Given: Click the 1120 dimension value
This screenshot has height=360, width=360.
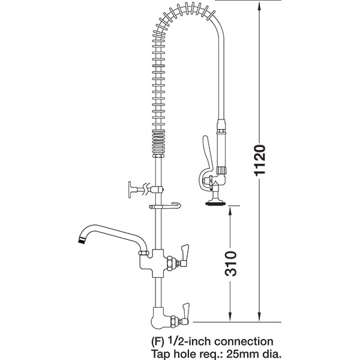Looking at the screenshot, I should (259, 160).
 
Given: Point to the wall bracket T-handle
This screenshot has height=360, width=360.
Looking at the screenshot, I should (130, 191).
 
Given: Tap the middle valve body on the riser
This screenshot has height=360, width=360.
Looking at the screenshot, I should (155, 259).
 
